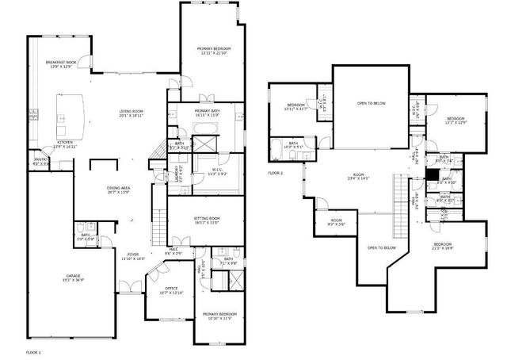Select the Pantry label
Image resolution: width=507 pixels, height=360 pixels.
(40, 162)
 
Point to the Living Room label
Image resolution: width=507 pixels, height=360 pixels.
(131, 113)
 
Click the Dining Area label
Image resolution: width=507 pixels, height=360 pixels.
(119, 190)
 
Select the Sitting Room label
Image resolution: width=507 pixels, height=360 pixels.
(208, 220)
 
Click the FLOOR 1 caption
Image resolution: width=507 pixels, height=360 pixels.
(33, 351)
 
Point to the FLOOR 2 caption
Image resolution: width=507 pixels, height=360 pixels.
(275, 172)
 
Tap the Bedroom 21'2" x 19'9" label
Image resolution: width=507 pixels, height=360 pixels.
(443, 247)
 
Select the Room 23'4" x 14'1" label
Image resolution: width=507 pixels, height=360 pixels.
(358, 177)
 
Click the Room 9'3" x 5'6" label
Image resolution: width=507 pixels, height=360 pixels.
(337, 222)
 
